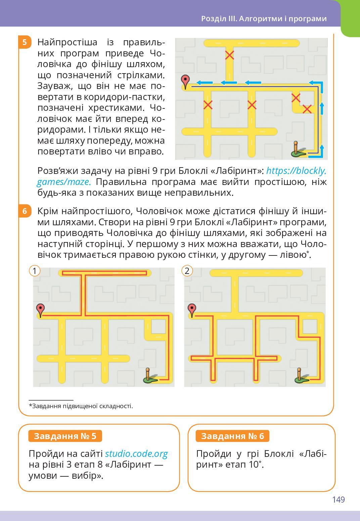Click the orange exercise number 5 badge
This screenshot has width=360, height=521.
tap(25, 42)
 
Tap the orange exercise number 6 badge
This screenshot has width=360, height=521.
tap(25, 211)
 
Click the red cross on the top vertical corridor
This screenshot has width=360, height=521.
tap(229, 55)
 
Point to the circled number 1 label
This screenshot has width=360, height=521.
tap(35, 271)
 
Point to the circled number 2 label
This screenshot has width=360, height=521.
tap(187, 271)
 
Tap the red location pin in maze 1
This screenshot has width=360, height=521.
tap(40, 310)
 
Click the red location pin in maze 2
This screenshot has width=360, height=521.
tap(192, 310)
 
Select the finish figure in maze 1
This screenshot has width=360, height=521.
tap(149, 376)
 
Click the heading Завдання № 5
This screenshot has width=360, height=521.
tap(65, 436)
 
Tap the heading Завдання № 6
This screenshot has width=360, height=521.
tap(232, 436)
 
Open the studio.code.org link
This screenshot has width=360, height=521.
tap(136, 454)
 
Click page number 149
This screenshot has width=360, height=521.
tap(339, 500)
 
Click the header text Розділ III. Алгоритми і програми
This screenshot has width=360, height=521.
tap(264, 18)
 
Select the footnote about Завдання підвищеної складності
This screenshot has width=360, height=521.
tap(81, 406)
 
